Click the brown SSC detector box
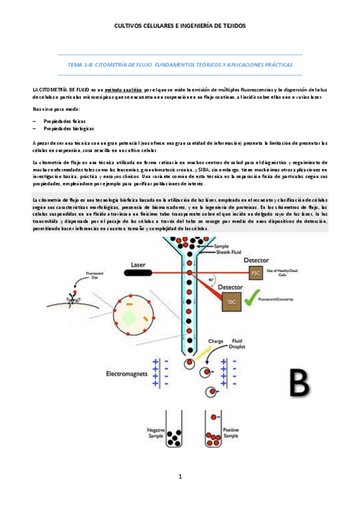(x=231, y=301)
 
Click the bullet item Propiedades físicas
(x=68, y=121)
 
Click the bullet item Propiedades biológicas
(x=70, y=129)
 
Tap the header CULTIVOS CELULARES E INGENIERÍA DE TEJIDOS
(x=180, y=26)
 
